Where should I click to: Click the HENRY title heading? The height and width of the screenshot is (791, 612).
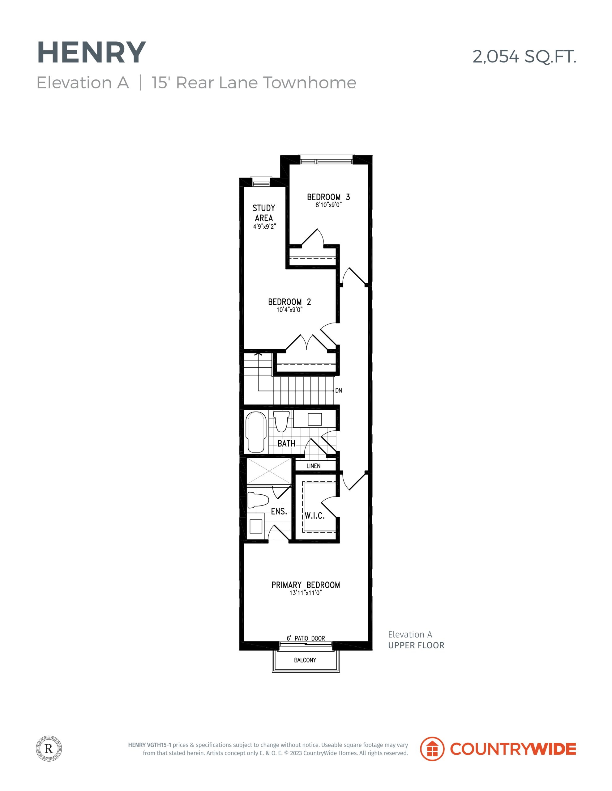91,53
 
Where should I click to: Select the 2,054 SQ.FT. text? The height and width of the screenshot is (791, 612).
524,57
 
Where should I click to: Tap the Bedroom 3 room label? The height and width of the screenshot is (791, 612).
328,197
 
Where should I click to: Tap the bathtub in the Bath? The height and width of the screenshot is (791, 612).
256,432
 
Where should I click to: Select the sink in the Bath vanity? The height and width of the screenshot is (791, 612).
315,419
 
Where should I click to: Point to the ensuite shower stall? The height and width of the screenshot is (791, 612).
269,471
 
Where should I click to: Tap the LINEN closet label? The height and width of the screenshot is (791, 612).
314,466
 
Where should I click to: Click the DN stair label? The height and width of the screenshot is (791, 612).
339,391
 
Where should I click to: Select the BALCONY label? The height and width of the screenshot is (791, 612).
305,660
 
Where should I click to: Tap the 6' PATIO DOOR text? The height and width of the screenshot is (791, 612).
306,638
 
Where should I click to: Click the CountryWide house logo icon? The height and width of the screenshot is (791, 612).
432,749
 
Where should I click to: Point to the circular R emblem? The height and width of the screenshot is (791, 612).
49,748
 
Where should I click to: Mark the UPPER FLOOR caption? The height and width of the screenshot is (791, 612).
416,645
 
